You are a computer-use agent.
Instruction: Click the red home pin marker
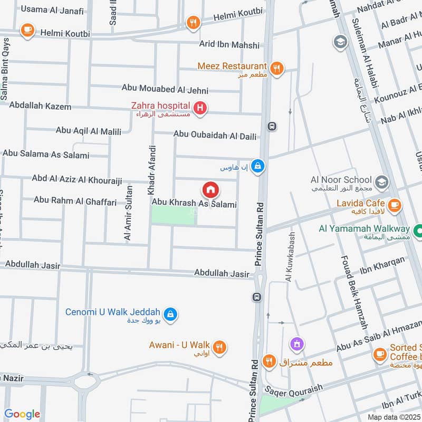click(210, 189)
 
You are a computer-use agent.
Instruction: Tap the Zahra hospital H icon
click(200, 109)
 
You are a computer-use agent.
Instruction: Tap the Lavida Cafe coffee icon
click(393, 204)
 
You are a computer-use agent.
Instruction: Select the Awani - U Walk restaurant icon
click(220, 347)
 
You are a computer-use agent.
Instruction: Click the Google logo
click(22, 414)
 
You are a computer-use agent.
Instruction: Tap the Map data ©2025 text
click(394, 417)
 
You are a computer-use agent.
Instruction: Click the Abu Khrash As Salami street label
click(194, 203)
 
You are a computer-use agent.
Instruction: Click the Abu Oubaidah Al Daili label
click(215, 136)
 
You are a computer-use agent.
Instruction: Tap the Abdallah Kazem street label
click(40, 107)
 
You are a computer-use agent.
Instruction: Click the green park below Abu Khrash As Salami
click(173, 215)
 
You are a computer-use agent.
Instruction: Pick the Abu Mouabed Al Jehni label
click(165, 89)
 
